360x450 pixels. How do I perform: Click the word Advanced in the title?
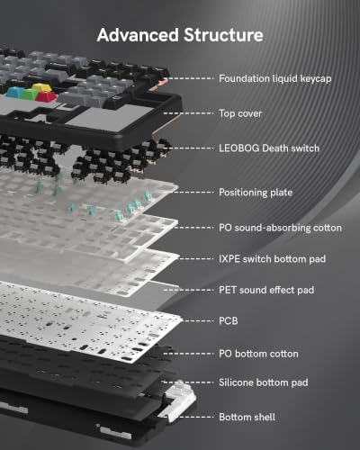138,35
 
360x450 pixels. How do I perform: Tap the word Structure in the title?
223,35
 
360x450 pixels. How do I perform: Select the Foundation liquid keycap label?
275,78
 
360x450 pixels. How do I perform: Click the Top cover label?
240,113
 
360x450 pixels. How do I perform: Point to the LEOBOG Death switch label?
269,148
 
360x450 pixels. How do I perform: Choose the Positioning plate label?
256,193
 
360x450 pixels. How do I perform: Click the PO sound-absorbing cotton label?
280,228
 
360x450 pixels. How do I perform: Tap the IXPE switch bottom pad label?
272,259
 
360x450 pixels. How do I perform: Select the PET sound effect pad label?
266,290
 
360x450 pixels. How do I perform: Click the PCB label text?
229,321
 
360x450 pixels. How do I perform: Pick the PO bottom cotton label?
258,354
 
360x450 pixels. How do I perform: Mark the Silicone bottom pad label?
264,382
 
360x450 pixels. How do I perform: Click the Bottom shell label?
247,417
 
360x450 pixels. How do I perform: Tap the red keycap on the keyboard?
46,96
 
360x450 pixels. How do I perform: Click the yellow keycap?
40,88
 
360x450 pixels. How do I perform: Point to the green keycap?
30,94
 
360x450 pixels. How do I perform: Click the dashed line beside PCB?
196,321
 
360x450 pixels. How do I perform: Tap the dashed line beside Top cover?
188,113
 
